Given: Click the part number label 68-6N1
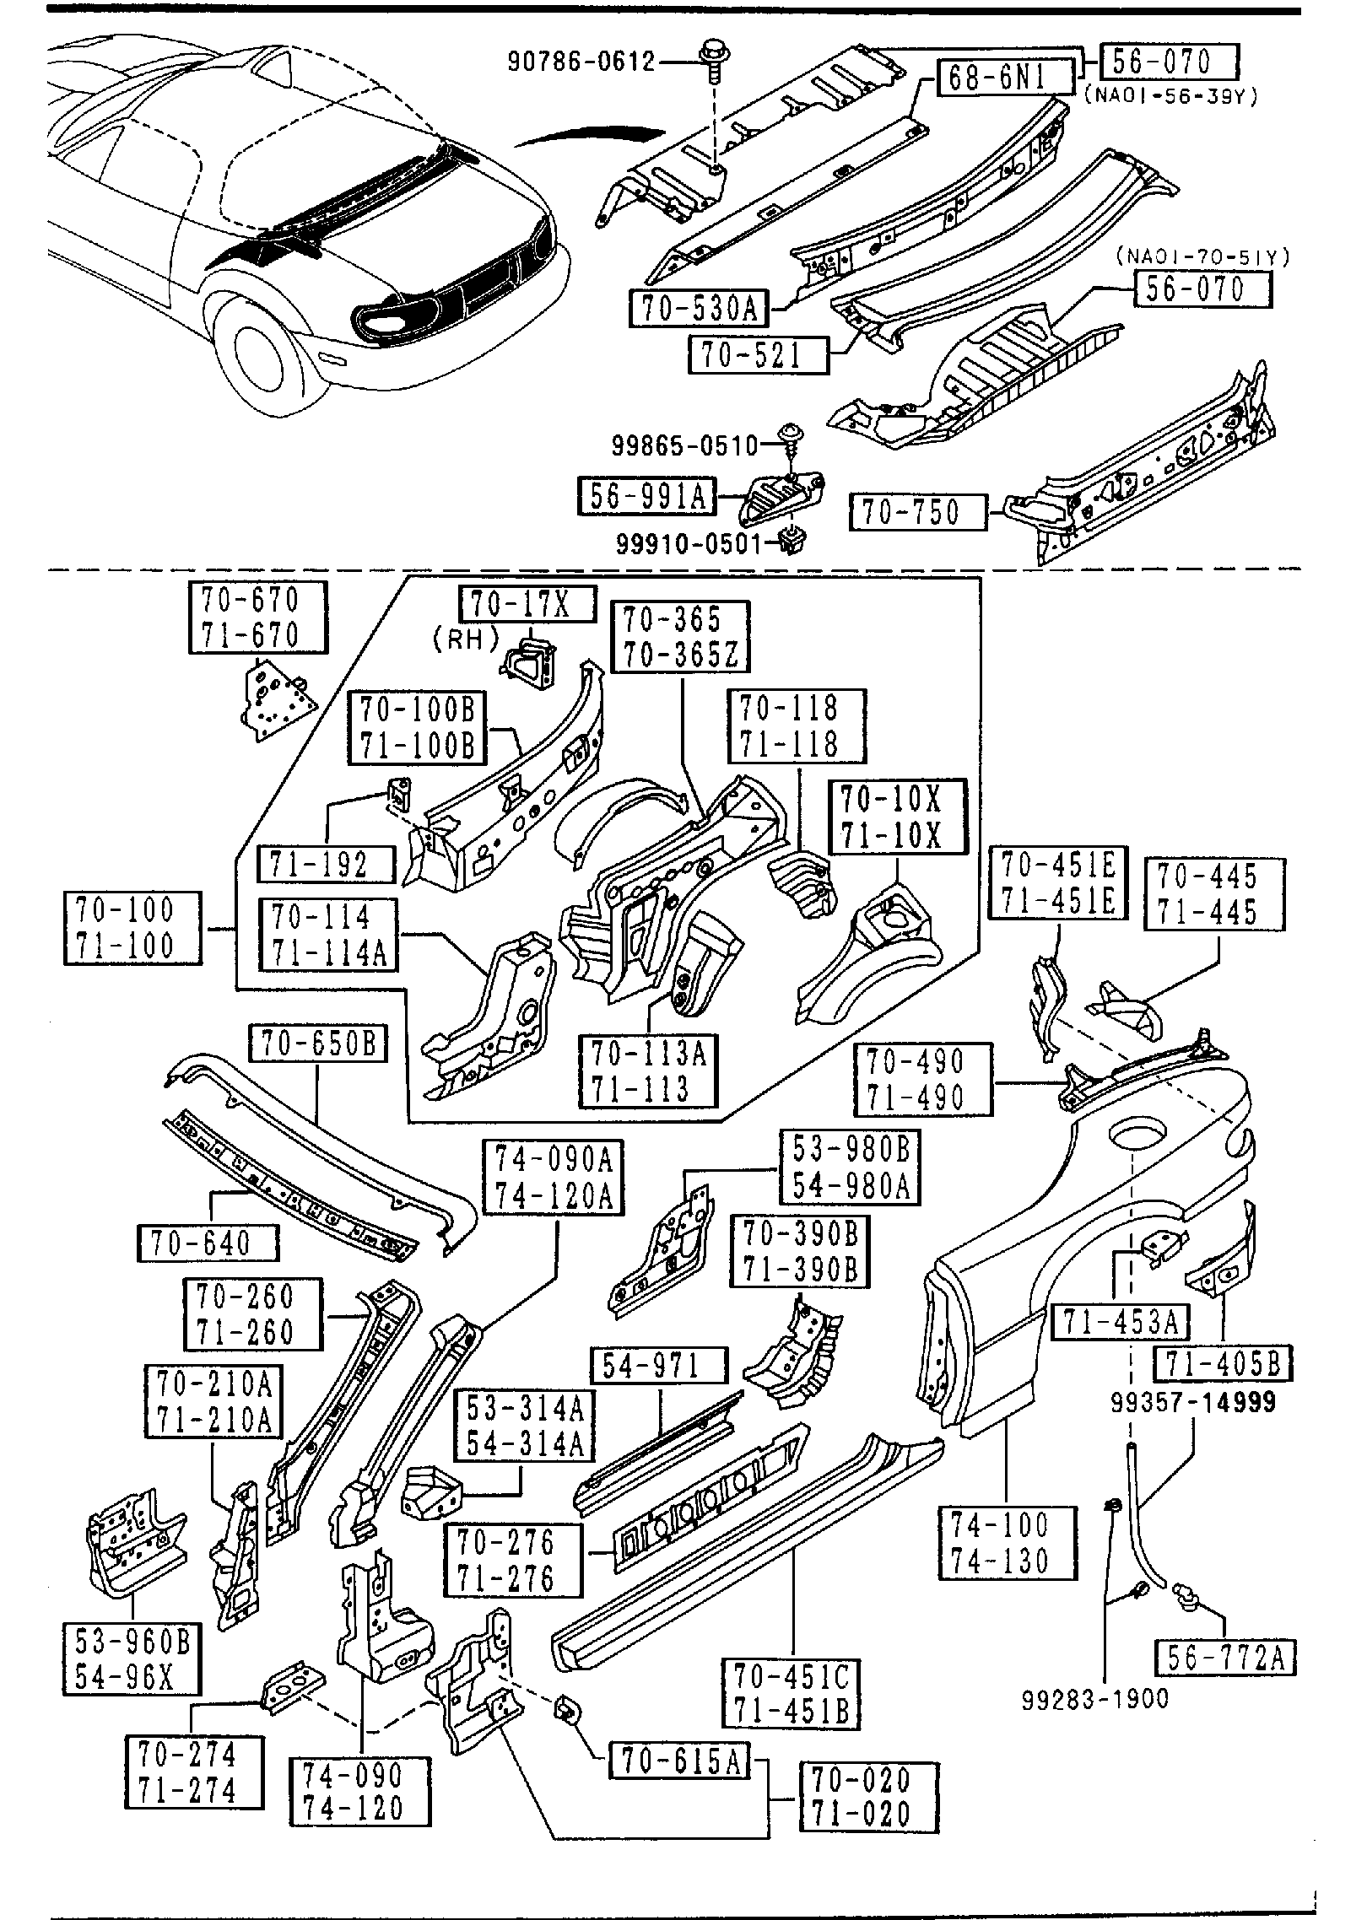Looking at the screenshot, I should pos(997,78).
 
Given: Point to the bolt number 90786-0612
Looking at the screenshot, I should pos(581,61).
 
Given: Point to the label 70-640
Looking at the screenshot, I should pos(207,1243).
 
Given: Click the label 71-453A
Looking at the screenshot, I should pos(1120,1322).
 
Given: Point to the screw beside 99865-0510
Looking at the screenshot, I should pos(790,440).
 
